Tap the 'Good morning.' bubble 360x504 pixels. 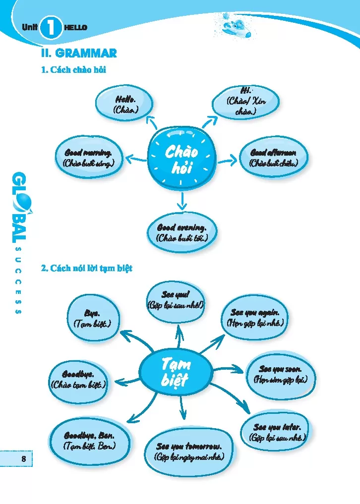[x=89, y=158]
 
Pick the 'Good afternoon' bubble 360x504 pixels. [x=273, y=157]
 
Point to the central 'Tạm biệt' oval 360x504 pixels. [x=175, y=373]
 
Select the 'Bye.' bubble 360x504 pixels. [x=92, y=319]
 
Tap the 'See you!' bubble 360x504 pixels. [x=176, y=299]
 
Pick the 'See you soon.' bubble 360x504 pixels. [x=280, y=375]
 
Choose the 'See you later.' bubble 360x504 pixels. [x=278, y=432]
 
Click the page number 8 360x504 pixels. [x=23, y=459]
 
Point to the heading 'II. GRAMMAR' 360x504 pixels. [x=79, y=53]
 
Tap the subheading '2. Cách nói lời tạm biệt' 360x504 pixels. [x=87, y=269]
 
